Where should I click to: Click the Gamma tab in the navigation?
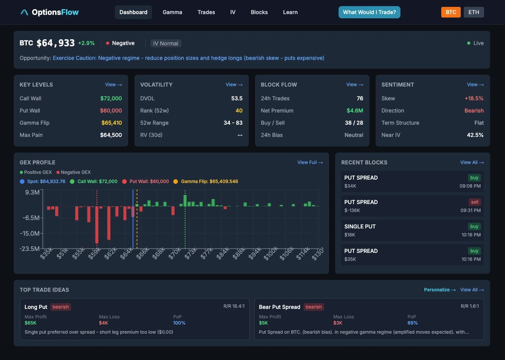(x=172, y=12)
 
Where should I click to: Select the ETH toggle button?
(x=474, y=12)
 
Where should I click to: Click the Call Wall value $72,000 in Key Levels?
(x=111, y=98)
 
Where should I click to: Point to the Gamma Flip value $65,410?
(x=111, y=123)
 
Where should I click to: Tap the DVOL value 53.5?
(x=237, y=98)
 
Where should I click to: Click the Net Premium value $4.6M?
(x=355, y=111)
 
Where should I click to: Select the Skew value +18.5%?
(x=474, y=98)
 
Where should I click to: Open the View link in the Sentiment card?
(x=475, y=85)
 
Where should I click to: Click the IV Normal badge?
(x=166, y=43)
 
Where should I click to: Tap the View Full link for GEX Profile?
(x=310, y=162)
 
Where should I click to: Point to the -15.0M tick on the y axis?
(x=30, y=233)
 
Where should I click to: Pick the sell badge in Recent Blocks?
(x=474, y=202)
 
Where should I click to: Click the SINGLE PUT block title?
(x=360, y=227)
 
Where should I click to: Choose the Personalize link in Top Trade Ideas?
(x=440, y=290)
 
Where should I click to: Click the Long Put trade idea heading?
(x=36, y=307)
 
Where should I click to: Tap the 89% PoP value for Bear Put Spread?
(x=412, y=323)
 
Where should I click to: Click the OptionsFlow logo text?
(x=55, y=12)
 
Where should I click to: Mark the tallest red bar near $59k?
(x=97, y=225)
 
